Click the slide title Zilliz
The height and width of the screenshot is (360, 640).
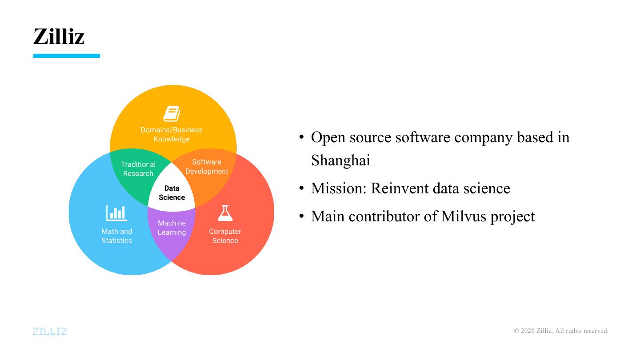pyautogui.click(x=59, y=36)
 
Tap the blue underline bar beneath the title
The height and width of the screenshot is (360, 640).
pyautogui.click(x=67, y=56)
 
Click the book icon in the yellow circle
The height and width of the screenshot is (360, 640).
pyautogui.click(x=172, y=114)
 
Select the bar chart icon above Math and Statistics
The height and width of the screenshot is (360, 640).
pyautogui.click(x=116, y=213)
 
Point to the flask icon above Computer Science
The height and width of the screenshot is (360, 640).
pyautogui.click(x=225, y=213)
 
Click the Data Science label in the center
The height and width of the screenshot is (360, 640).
pyautogui.click(x=172, y=193)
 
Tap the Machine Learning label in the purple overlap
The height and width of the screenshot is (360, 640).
pyautogui.click(x=172, y=228)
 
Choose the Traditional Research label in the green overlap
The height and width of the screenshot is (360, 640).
pyautogui.click(x=138, y=169)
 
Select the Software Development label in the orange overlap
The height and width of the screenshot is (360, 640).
pyautogui.click(x=207, y=167)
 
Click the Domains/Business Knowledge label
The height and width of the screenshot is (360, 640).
pyautogui.click(x=172, y=134)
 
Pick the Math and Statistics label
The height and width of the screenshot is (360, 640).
pyautogui.click(x=116, y=236)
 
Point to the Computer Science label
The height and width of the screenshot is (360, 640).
pyautogui.click(x=225, y=236)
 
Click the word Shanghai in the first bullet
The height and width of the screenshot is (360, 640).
pyautogui.click(x=340, y=160)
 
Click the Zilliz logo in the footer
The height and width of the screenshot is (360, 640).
pyautogui.click(x=50, y=331)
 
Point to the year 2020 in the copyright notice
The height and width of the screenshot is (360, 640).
pyautogui.click(x=527, y=331)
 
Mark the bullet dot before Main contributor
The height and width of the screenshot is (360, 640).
pyautogui.click(x=301, y=216)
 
